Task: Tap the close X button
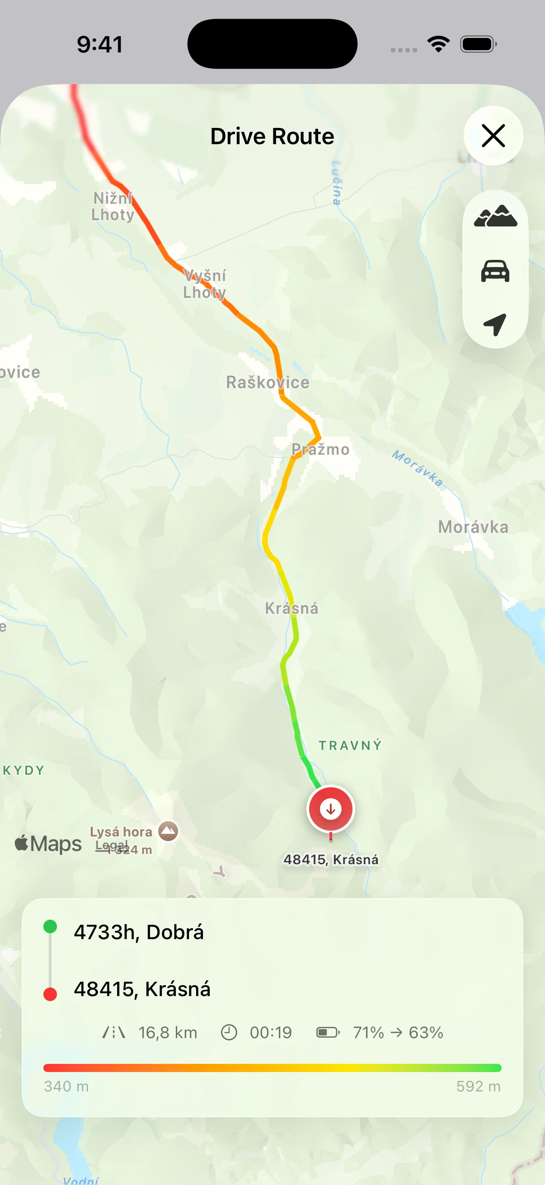[493, 136]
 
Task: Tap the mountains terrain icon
[495, 216]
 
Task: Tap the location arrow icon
[495, 324]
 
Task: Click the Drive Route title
[272, 136]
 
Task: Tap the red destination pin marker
[330, 809]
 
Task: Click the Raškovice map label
[268, 382]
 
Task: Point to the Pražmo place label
[320, 449]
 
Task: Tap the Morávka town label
[473, 527]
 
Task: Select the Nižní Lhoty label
[113, 207]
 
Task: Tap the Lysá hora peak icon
[168, 831]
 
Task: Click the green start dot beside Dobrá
[50, 926]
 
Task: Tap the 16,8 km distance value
[168, 1033]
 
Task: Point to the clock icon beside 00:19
[229, 1033]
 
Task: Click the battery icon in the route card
[328, 1033]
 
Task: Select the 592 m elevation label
[478, 1086]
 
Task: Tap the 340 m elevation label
[66, 1086]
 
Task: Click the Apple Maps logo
[48, 844]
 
